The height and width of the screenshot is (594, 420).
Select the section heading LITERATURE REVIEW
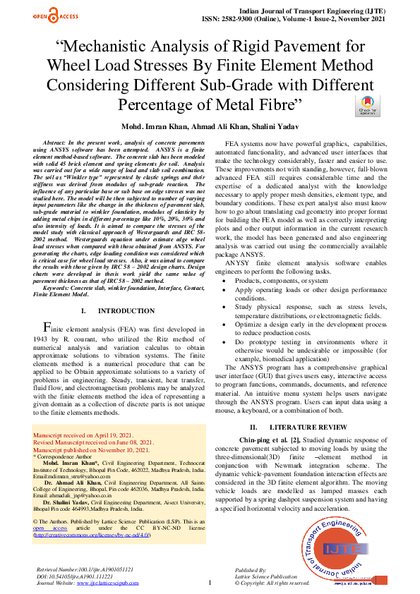tap(316, 427)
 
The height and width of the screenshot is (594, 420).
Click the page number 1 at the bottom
tap(210, 583)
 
